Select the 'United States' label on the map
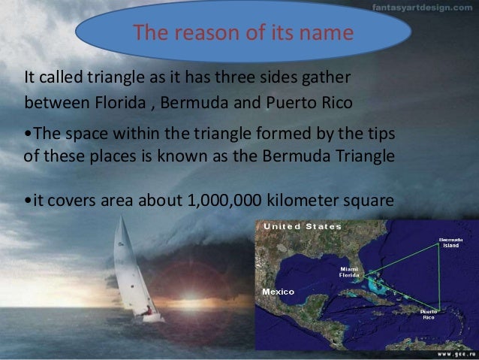pos(299,226)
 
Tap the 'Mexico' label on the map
pos(279,290)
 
